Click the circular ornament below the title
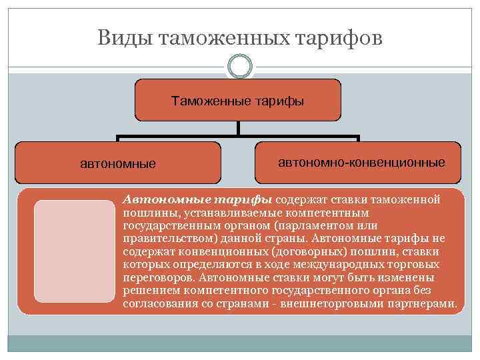[x=240, y=67]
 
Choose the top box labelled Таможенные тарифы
[x=238, y=102]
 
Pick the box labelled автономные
[x=118, y=163]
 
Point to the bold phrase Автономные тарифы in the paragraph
[x=197, y=199]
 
